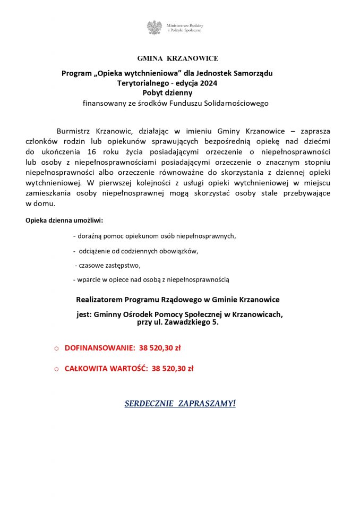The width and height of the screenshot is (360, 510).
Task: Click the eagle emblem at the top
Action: [x=155, y=28]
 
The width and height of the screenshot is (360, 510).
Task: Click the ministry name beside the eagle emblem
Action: [x=185, y=28]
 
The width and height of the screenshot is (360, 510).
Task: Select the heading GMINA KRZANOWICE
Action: [x=177, y=58]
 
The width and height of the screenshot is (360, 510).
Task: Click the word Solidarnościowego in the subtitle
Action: [x=233, y=103]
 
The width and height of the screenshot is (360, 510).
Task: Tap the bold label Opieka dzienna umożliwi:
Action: [x=64, y=220]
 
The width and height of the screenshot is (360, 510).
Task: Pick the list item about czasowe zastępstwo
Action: [x=108, y=265]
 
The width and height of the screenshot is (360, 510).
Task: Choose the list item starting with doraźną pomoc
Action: [x=155, y=235]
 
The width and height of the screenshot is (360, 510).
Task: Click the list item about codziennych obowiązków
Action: [x=139, y=250]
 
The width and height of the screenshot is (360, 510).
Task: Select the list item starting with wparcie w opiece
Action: [x=151, y=279]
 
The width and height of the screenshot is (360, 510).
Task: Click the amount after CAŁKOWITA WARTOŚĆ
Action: [x=172, y=368]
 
